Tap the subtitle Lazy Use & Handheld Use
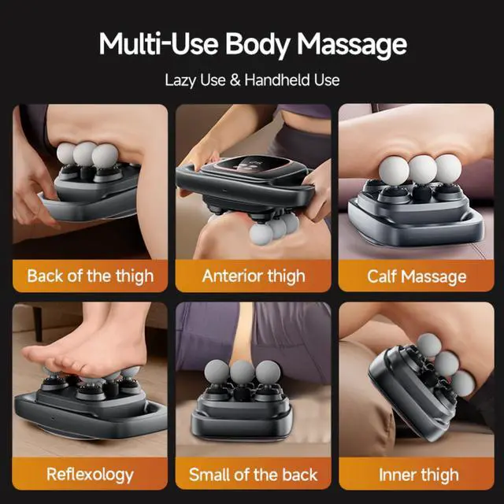(252, 80)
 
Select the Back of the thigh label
(90, 276)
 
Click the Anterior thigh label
(252, 276)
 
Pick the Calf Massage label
(417, 276)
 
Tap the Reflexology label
(90, 474)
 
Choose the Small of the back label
(252, 474)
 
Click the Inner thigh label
(417, 474)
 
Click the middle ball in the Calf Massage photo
(422, 169)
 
